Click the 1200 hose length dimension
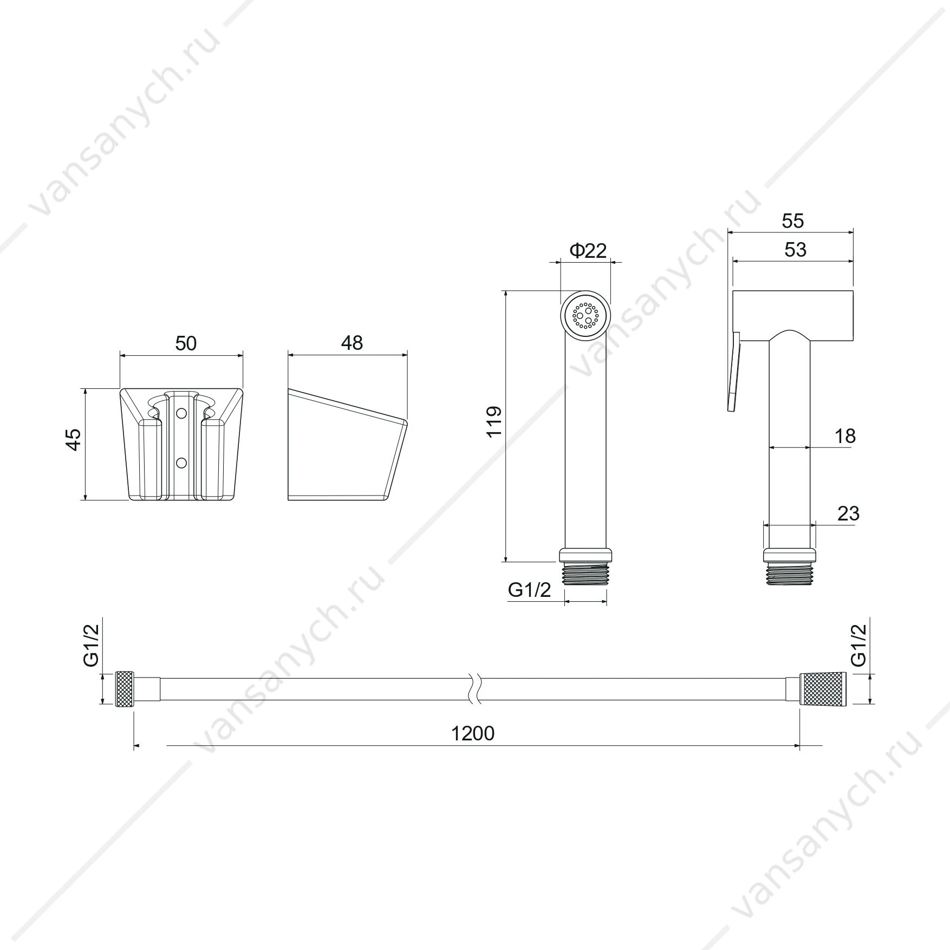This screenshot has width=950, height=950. tap(473, 733)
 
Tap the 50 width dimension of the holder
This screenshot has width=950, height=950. tap(186, 343)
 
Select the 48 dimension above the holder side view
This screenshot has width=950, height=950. tap(352, 343)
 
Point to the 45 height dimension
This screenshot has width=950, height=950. tap(73, 439)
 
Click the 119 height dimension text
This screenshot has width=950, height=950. tap(494, 422)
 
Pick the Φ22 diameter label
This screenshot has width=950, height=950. tap(588, 250)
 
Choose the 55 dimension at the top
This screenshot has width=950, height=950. tap(793, 221)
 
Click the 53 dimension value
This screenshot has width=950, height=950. tap(795, 250)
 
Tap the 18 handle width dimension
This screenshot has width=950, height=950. tap(845, 435)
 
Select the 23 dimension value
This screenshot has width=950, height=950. tap(848, 513)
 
